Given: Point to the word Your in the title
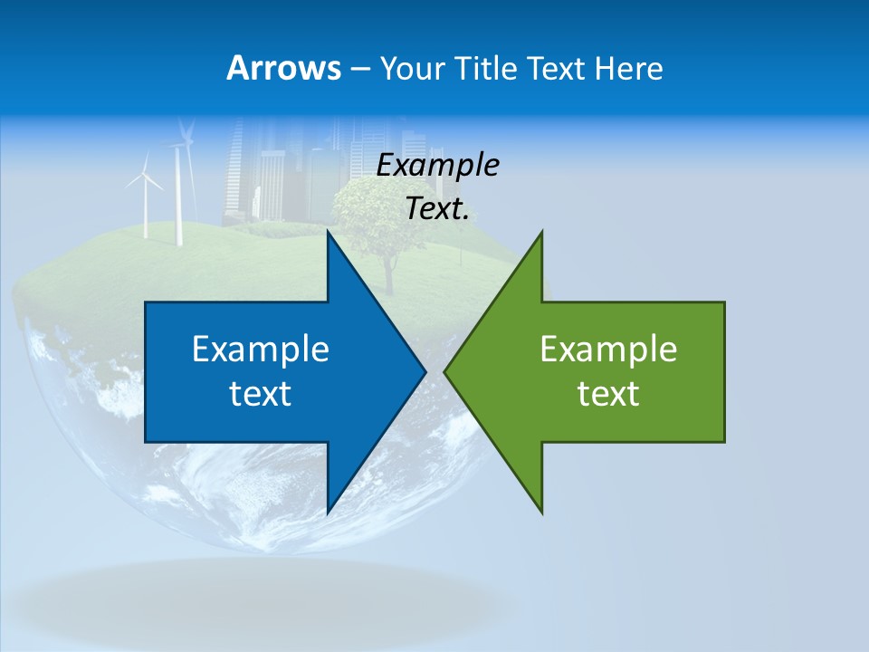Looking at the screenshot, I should click(412, 68).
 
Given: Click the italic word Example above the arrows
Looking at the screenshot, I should click(437, 165).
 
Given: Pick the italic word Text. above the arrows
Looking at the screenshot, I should click(437, 208).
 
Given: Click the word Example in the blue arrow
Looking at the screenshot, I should click(260, 349).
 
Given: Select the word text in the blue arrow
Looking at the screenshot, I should click(260, 393).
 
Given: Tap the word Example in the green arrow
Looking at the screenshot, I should click(608, 349).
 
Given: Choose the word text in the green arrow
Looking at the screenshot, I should click(608, 393).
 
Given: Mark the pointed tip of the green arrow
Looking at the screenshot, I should click(446, 370).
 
